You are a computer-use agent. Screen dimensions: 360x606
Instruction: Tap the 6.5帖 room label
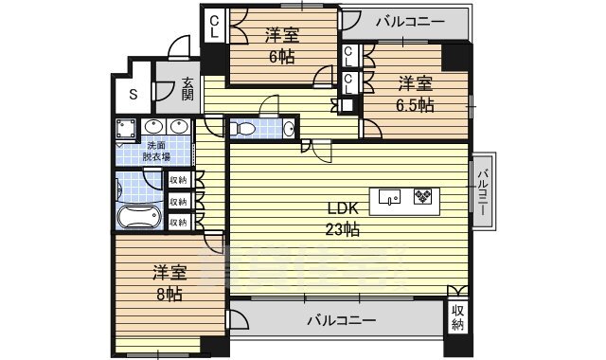(x=415, y=94)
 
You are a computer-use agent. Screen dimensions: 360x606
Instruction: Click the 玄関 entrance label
(x=187, y=89)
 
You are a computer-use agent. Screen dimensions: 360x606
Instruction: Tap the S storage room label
(x=132, y=93)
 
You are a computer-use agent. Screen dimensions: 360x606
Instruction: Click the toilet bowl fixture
(x=245, y=127)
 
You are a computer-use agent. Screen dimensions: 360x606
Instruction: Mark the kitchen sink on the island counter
(x=390, y=197)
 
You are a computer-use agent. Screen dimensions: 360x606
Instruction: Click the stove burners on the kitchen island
(x=421, y=197)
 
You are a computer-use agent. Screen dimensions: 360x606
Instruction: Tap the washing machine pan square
(x=125, y=128)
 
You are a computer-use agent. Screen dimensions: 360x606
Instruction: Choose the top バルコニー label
(x=409, y=20)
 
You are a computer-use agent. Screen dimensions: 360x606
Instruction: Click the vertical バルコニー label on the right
(x=483, y=189)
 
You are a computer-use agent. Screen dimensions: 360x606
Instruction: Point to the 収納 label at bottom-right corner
(x=459, y=317)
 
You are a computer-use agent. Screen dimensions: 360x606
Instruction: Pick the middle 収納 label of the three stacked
(x=178, y=201)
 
